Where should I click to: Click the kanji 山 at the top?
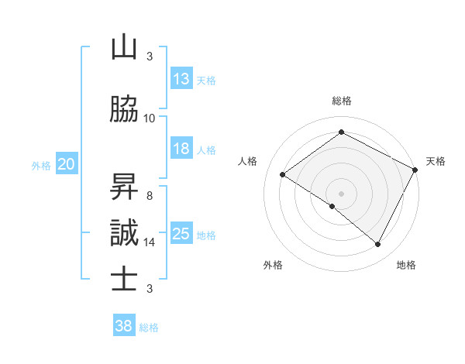pos(124,48)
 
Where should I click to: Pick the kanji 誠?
pos(124,233)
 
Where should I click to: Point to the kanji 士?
pos(124,280)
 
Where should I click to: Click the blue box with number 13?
pos(181,80)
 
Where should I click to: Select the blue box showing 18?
pos(181,149)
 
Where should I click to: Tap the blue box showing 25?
pos(181,235)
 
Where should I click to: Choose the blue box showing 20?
pos(67,164)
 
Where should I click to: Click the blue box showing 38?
pos(124,327)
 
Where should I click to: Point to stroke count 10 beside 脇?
pos(150,118)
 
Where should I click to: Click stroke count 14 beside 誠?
pos(150,242)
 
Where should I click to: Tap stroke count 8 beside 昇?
pos(150,196)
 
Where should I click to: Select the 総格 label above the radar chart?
pos(342,101)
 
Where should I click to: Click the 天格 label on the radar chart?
pos(436,161)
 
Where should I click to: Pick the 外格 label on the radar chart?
pos(273,266)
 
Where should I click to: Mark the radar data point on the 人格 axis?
pos(283,175)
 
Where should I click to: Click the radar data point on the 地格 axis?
pos(378,245)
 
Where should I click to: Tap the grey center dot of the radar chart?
pos(341,193)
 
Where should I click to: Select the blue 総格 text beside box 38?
pos(149,328)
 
